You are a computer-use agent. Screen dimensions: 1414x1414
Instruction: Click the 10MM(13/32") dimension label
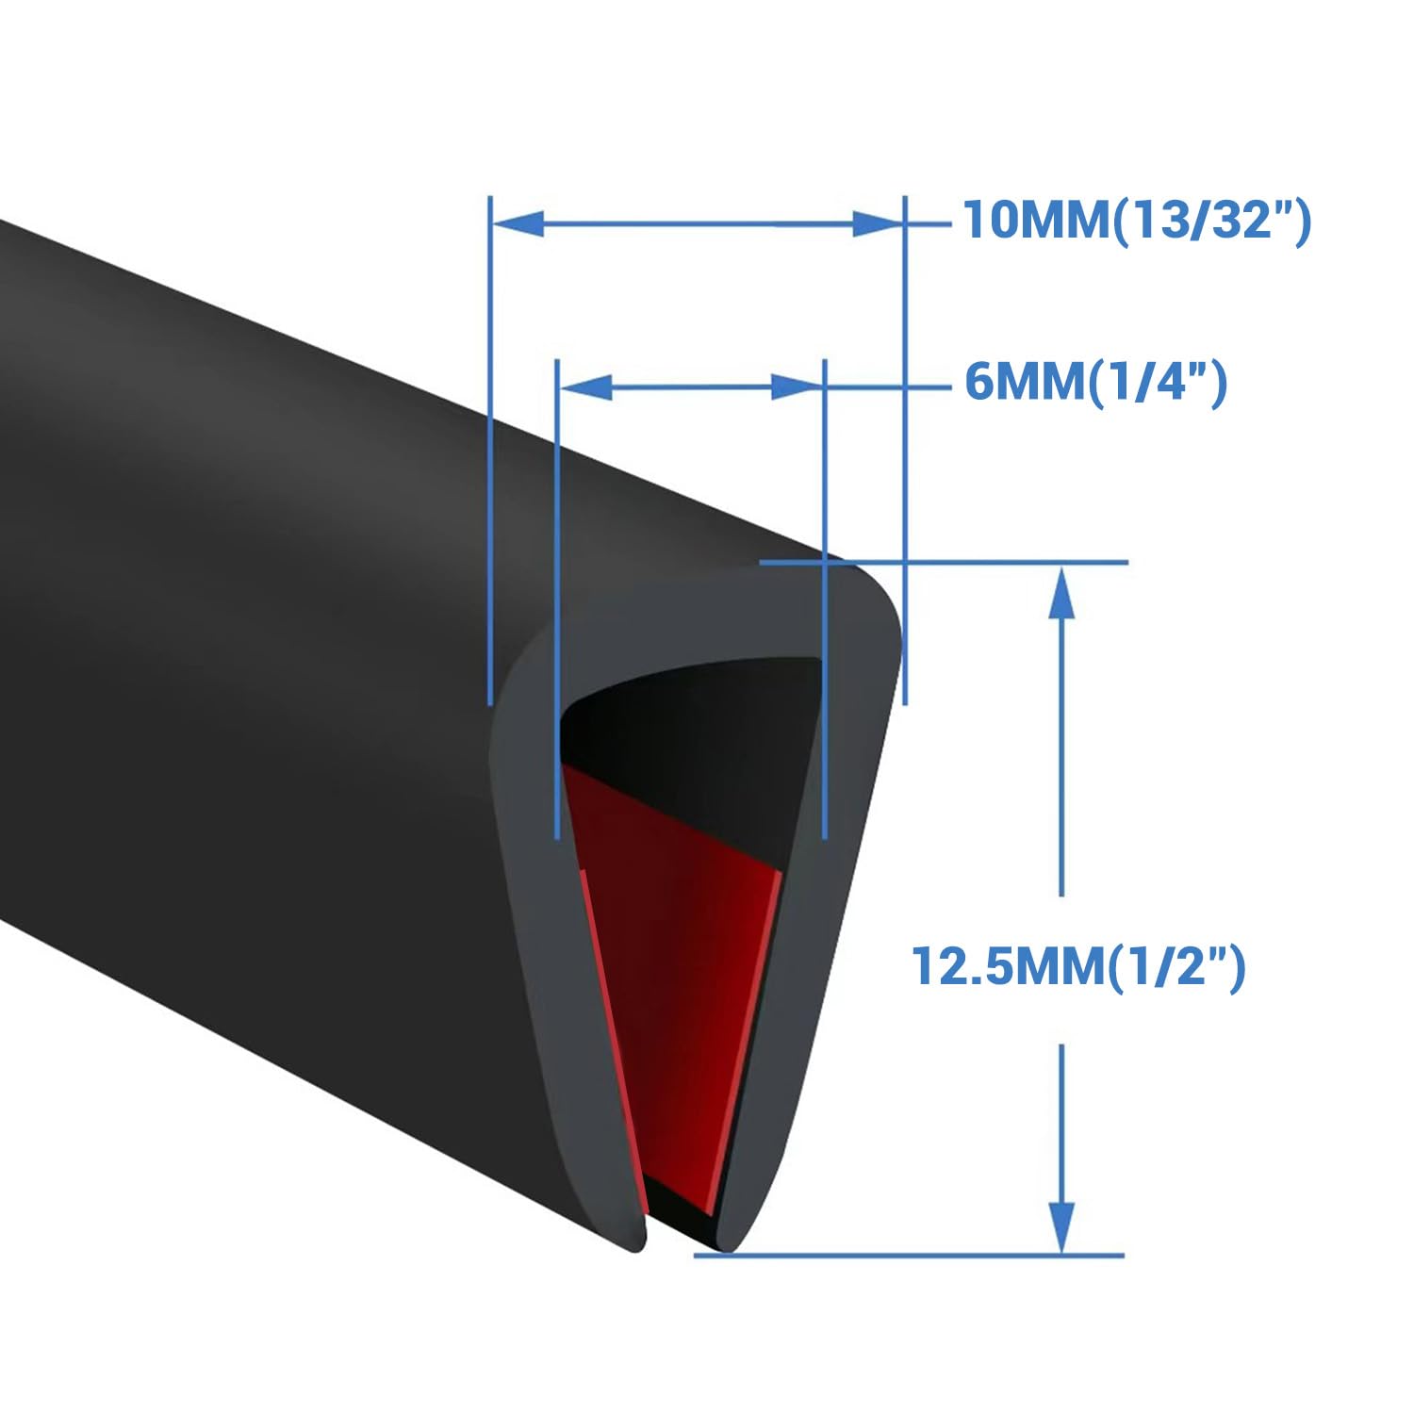tap(1136, 222)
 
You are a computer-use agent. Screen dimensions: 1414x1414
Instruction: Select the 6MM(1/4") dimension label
tap(1095, 383)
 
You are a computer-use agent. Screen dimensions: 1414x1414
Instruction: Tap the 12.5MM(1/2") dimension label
tap(1078, 967)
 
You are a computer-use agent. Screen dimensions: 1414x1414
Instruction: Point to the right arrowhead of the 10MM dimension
tap(877, 224)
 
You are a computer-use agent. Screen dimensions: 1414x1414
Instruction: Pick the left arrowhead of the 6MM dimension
tap(587, 386)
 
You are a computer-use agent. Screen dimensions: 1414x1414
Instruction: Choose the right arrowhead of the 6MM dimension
tap(796, 386)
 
